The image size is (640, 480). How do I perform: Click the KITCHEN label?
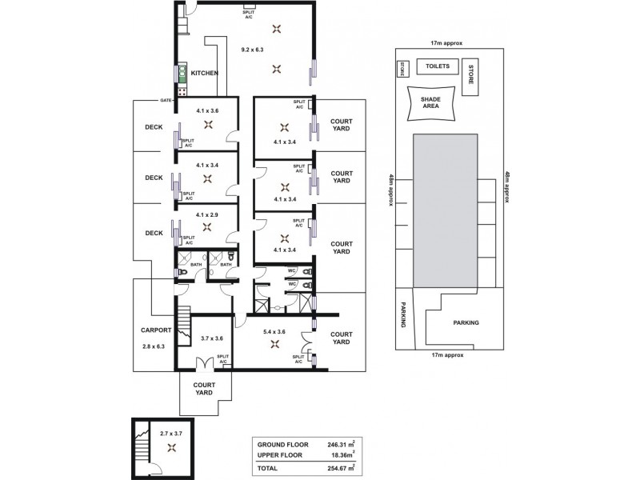coord(205,73)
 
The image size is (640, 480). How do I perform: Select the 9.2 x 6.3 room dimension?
coord(253,50)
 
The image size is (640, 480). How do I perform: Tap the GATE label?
coord(166,100)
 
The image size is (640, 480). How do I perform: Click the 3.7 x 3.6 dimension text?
coord(212,338)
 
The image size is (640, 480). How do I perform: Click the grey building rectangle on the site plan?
coord(445,210)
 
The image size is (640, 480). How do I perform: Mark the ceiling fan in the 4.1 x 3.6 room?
coord(208,124)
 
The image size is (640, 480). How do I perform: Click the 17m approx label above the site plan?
coord(447,46)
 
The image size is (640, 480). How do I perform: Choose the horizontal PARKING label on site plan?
coord(465,323)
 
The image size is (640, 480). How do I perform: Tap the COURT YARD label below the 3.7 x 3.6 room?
coord(205,389)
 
